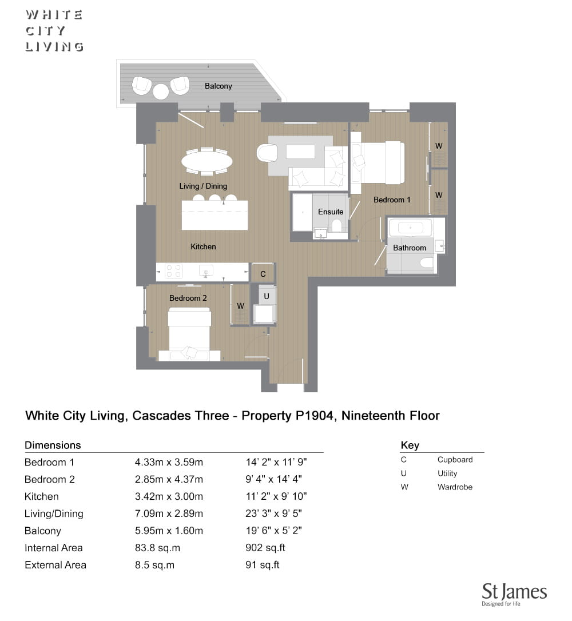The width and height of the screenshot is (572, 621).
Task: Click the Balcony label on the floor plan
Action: pyautogui.click(x=219, y=86)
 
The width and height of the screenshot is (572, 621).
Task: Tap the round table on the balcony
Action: pyautogui.click(x=161, y=91)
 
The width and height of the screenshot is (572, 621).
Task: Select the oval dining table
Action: pyautogui.click(x=206, y=161)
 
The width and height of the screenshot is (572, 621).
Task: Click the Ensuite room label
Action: pyautogui.click(x=331, y=212)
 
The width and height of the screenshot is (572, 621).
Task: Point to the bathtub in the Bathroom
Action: pyautogui.click(x=410, y=228)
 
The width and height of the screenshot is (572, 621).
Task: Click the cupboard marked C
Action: pyautogui.click(x=263, y=274)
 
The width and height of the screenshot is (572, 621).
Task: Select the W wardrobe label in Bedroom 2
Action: pyautogui.click(x=240, y=306)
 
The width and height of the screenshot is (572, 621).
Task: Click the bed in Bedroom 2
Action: pyautogui.click(x=189, y=335)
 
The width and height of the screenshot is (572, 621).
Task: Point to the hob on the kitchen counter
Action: pyautogui.click(x=173, y=272)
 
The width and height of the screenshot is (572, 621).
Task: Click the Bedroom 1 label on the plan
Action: pyautogui.click(x=392, y=200)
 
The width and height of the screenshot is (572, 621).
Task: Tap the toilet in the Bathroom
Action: pyautogui.click(x=427, y=264)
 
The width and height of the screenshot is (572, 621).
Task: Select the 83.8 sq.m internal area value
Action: pyautogui.click(x=157, y=548)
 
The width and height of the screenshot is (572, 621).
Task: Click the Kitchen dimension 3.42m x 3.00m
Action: pyautogui.click(x=169, y=496)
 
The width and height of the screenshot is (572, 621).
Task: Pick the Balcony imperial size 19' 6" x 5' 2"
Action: pyautogui.click(x=273, y=530)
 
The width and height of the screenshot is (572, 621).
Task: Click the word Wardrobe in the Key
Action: pyautogui.click(x=455, y=487)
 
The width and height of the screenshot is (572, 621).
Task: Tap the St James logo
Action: pyautogui.click(x=514, y=594)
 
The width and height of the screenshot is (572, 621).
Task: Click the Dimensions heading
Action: pyautogui.click(x=53, y=445)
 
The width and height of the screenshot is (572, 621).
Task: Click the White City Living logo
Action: pyautogui.click(x=54, y=31)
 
